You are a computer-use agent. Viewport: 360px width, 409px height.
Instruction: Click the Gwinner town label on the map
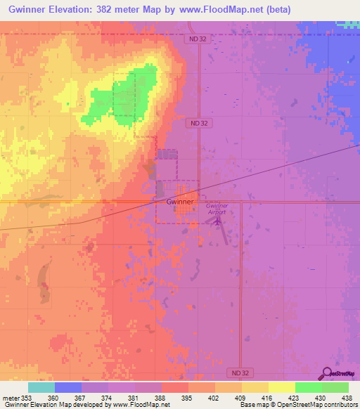(181, 201)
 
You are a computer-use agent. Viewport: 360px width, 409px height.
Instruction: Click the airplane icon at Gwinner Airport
(217, 221)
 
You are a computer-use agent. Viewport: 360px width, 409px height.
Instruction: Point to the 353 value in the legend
(21, 398)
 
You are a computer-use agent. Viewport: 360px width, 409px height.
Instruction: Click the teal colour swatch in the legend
(41, 387)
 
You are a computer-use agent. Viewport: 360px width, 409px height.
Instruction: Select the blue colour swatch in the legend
(67, 387)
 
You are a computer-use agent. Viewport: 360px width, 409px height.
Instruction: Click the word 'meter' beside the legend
(8, 398)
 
